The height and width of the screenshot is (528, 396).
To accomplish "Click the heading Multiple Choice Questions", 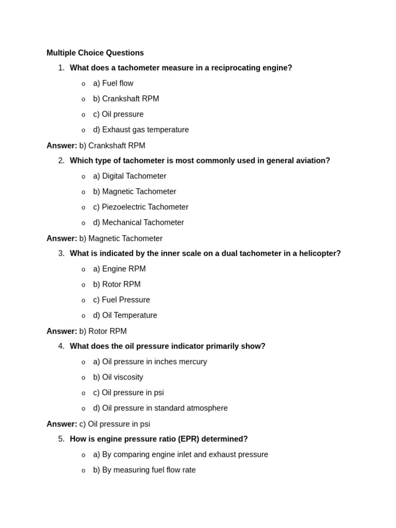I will click(x=95, y=53).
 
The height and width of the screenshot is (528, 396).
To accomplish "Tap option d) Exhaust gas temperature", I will click(x=141, y=129).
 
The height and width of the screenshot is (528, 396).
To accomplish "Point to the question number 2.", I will click(x=61, y=160).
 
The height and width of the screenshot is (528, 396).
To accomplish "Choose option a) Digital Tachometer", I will click(x=129, y=176).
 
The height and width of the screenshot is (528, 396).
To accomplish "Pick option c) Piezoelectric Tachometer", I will click(x=140, y=207).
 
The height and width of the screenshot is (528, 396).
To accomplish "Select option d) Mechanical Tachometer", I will click(x=138, y=222).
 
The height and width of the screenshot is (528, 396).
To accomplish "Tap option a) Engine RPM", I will click(x=119, y=269).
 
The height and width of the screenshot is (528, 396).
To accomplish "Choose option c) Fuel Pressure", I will click(x=121, y=300).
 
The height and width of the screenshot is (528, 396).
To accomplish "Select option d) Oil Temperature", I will click(x=125, y=315).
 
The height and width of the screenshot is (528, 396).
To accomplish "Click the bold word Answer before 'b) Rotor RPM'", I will click(x=61, y=331).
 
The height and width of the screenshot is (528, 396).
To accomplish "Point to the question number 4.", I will click(x=61, y=346).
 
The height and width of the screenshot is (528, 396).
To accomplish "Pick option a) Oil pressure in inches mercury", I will click(x=150, y=361).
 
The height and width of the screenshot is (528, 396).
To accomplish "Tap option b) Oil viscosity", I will click(x=118, y=377).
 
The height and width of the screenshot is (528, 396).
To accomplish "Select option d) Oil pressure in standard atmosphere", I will click(x=160, y=408).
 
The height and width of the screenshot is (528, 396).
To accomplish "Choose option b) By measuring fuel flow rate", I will click(x=144, y=470).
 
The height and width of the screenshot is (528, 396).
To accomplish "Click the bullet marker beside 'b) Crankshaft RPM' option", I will click(x=84, y=99).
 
